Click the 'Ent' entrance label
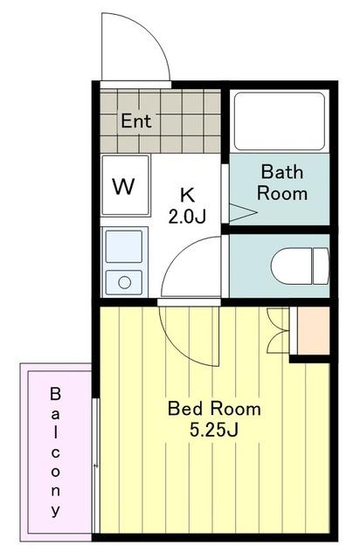(136, 121)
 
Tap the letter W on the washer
(123, 186)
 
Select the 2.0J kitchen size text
(187, 216)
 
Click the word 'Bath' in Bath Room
(282, 172)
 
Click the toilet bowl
(292, 266)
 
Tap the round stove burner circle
(125, 282)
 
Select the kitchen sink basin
(124, 246)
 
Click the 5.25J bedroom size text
(214, 430)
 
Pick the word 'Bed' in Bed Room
(185, 409)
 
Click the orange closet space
(313, 330)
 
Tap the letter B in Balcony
(55, 394)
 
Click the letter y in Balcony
(55, 510)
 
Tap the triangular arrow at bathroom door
(243, 212)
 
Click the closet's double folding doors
(278, 330)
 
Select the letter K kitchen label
(187, 195)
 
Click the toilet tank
(321, 266)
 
